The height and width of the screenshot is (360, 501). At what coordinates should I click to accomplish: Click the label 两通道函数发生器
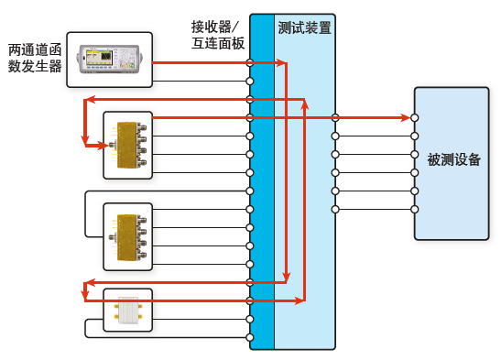[35, 57]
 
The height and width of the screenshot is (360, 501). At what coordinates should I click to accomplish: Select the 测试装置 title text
[304, 28]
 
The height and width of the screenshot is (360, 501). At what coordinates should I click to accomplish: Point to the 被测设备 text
[452, 159]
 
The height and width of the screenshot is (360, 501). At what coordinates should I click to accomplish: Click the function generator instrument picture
[110, 60]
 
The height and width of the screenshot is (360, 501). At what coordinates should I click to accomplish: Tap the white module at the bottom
[127, 311]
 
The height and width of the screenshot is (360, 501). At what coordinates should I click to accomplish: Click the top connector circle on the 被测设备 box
[415, 118]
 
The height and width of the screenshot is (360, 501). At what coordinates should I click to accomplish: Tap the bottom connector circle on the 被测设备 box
[415, 210]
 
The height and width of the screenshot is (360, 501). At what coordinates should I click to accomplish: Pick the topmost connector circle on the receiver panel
[250, 63]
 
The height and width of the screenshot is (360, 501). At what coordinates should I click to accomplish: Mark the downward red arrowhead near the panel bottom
[286, 277]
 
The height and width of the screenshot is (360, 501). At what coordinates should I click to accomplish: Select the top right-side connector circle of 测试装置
[335, 118]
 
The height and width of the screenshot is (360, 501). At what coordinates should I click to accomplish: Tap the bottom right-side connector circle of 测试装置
[335, 210]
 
